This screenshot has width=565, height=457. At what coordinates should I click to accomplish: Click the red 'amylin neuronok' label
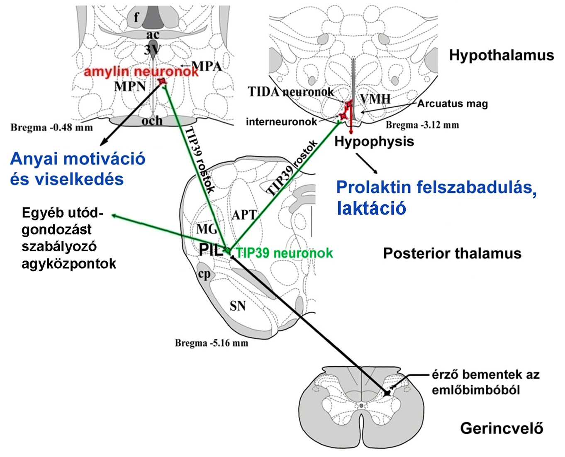[x=141, y=72]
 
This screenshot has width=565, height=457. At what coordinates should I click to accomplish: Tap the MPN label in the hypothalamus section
[x=130, y=86]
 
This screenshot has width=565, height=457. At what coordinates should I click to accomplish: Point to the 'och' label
[x=152, y=121]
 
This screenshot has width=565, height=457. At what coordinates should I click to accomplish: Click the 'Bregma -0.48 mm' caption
[x=51, y=127]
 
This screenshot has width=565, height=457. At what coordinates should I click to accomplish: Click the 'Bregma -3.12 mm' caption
[x=422, y=125]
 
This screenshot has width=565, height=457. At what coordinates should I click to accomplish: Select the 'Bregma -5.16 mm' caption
[x=211, y=343]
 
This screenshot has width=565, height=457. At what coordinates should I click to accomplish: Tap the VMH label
[x=375, y=99]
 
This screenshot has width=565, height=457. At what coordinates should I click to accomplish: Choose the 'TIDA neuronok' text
[x=291, y=92]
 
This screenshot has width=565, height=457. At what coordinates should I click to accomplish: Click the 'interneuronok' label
[x=281, y=122]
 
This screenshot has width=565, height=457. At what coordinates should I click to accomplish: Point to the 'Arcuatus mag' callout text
[x=452, y=104]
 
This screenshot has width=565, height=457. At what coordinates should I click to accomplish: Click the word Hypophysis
[x=374, y=141]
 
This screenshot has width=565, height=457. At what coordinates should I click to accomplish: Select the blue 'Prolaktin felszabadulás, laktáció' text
[x=436, y=197]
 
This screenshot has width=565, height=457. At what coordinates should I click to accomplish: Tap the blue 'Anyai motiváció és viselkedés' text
[x=78, y=169]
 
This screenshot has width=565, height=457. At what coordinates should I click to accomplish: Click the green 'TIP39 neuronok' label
[x=284, y=253]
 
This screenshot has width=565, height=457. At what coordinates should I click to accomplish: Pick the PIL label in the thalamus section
[x=211, y=250]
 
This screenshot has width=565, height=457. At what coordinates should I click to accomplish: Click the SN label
[x=238, y=306]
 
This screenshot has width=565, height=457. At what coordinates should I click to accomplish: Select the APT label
[x=244, y=215]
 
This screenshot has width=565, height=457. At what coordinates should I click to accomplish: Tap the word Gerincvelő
[x=502, y=428]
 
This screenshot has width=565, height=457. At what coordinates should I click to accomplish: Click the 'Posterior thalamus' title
[x=452, y=253]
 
